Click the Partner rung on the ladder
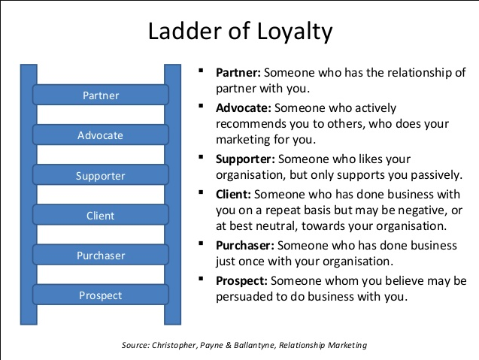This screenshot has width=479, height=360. [x=100, y=95]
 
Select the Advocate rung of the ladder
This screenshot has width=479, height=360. [x=100, y=136]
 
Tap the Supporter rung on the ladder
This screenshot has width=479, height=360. [x=100, y=177]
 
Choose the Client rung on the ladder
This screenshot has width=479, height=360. [x=100, y=216]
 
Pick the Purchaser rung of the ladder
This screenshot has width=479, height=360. [x=100, y=256]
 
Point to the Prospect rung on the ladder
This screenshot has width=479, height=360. [x=100, y=295]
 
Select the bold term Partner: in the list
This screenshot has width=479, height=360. [x=239, y=73]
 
